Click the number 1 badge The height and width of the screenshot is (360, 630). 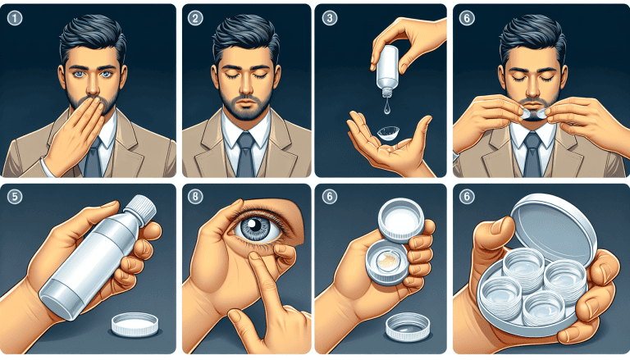(15, 18)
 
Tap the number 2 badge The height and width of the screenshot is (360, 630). (195, 18)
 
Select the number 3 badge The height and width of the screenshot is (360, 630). (330, 18)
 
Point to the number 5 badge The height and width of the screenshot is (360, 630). (15, 197)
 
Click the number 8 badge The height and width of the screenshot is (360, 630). (195, 197)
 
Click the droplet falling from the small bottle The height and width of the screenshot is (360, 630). (386, 107)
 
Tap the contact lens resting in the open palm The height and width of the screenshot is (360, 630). (388, 133)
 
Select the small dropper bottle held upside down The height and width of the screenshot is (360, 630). (388, 71)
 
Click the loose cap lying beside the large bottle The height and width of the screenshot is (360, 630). (135, 324)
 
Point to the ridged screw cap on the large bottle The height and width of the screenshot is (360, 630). (141, 207)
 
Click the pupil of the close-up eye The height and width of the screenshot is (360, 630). (253, 225)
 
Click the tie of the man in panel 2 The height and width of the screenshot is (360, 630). (245, 155)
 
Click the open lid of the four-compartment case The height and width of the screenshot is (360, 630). (555, 227)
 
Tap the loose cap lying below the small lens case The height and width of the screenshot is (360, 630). (408, 326)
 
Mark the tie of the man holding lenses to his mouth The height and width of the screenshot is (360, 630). (533, 155)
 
